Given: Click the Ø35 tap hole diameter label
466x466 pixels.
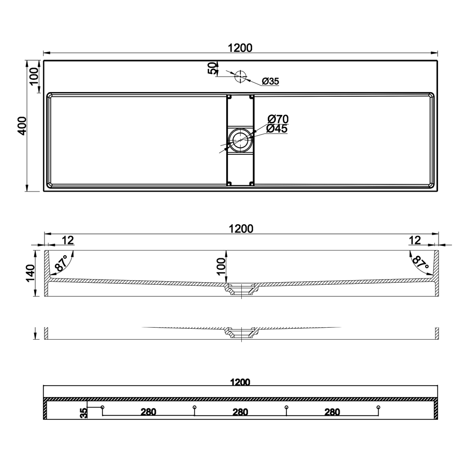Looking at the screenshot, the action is [270, 81].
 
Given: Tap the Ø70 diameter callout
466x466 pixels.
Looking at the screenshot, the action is [278, 119].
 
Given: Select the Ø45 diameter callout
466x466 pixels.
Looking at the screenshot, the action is [276, 129].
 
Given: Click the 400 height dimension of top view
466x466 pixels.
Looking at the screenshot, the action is [23, 126].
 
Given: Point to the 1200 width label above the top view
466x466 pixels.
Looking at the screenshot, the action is [240, 48].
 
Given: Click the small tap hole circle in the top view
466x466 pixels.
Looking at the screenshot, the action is [240, 77].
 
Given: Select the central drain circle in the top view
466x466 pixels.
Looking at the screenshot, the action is [240, 140].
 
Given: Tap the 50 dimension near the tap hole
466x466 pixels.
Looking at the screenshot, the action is [212, 69].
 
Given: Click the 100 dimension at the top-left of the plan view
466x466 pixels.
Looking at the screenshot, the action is [34, 76].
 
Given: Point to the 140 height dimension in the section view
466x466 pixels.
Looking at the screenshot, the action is [31, 273].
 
